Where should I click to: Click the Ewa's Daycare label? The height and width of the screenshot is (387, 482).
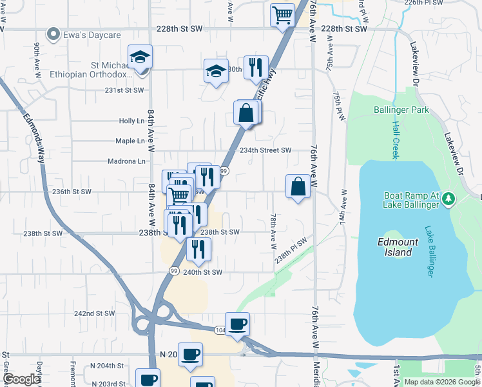point(92,34)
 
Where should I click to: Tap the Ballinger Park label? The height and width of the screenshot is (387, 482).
point(401,110)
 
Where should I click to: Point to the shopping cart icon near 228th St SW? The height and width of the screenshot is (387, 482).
point(282,14)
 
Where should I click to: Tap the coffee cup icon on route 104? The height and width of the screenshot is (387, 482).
point(237,323)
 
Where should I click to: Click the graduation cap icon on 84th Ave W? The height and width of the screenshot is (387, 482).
point(140,57)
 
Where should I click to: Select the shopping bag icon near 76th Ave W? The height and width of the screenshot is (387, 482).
point(298,187)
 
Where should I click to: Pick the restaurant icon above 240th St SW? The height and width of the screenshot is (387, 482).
point(198,248)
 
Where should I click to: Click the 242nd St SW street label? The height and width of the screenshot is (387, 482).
point(94,313)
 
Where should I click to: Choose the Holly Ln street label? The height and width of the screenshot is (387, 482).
point(131,121)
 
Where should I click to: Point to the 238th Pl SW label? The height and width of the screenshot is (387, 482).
point(291,249)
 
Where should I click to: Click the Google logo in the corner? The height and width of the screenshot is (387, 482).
point(22,379)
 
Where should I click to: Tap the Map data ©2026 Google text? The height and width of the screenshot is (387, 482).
point(441,382)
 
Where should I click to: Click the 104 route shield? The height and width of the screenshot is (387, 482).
point(220,329)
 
